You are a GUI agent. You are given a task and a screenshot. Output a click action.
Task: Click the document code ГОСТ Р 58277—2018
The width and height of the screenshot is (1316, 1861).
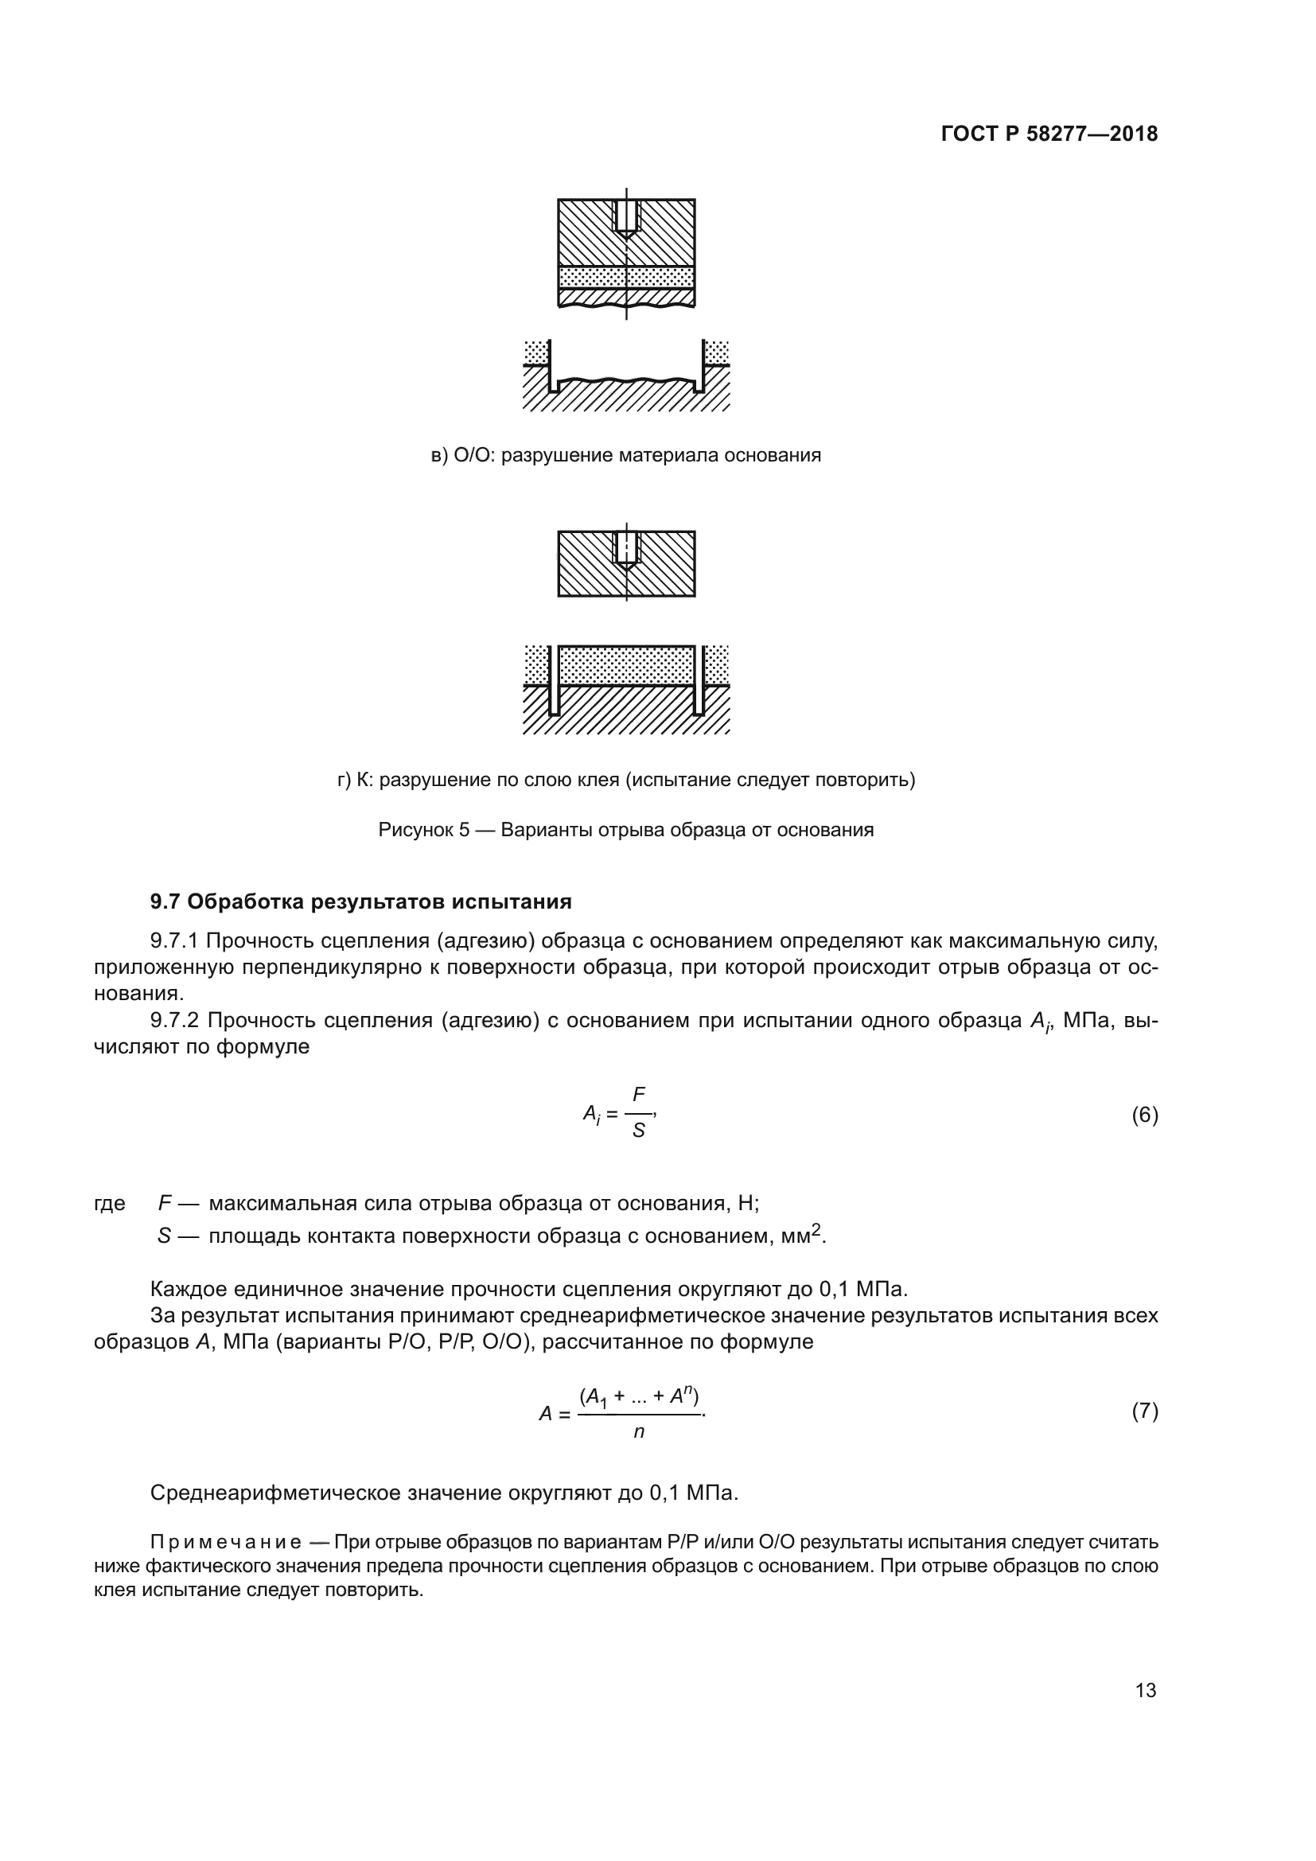coord(1049,134)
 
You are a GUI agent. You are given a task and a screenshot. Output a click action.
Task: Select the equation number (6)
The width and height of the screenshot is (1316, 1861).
coord(1144,1115)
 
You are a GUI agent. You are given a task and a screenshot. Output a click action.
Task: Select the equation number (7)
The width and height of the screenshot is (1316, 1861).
coord(1144,1411)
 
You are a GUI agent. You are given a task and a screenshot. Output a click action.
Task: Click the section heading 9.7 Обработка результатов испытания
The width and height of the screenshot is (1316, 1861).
coord(360,901)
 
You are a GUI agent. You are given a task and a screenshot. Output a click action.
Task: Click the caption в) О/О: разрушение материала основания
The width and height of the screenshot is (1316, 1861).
coord(625,456)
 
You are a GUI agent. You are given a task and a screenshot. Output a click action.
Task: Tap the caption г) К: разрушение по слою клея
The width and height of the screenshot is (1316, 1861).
coord(625,781)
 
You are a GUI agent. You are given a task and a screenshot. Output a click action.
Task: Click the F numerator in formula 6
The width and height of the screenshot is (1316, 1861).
coord(639,1095)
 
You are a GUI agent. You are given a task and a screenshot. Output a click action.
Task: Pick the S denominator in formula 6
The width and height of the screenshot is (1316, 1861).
coord(639,1131)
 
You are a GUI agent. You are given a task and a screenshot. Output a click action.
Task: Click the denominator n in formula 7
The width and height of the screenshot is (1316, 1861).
coord(639,1432)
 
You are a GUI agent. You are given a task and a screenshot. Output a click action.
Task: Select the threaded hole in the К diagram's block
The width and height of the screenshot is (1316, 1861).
coord(626,548)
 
